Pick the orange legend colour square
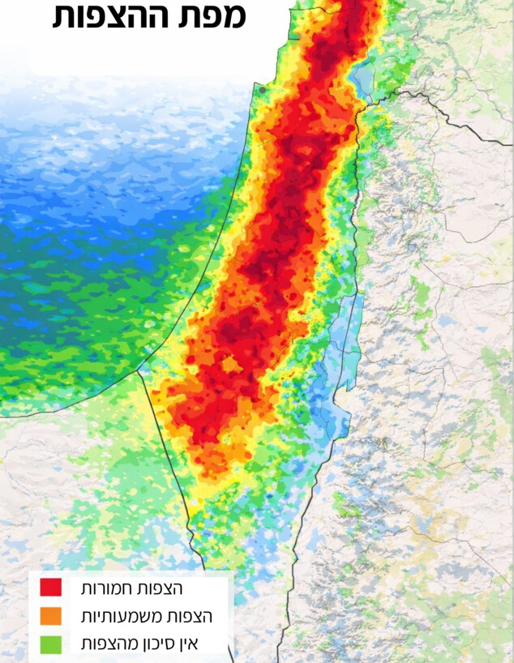[x=50, y=616]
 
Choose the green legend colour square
[x=50, y=644]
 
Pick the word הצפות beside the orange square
[x=191, y=616]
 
